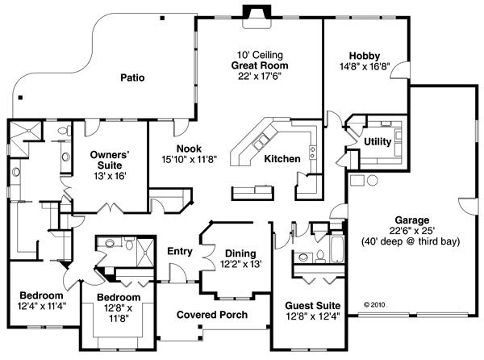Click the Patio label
click(132, 78)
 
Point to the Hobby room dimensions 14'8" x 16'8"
click(365, 60)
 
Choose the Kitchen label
click(282, 159)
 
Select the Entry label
click(179, 251)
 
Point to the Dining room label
click(240, 253)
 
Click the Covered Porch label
click(212, 315)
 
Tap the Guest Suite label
click(313, 306)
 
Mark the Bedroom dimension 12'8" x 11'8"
click(119, 314)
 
